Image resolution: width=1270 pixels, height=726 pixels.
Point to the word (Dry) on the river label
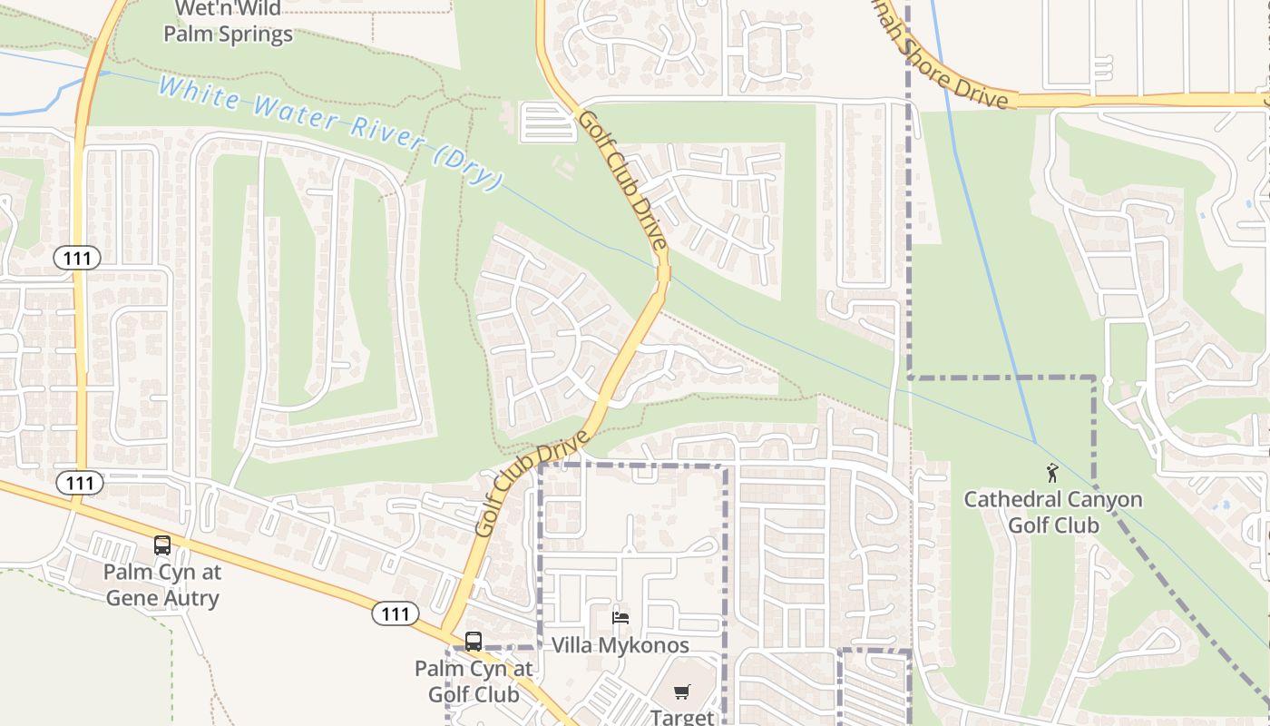point(466,168)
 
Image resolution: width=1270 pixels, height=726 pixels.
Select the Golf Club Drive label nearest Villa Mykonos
point(525,489)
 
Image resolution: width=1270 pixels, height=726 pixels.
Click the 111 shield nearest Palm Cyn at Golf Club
point(395,613)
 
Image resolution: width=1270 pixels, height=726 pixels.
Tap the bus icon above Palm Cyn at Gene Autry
point(162,545)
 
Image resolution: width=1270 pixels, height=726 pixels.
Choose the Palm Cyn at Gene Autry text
point(162,585)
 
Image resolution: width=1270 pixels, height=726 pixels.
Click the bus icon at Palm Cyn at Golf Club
point(473,642)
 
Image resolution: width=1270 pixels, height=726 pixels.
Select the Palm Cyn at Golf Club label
point(474,682)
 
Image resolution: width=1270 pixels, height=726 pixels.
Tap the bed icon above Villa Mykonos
point(620,618)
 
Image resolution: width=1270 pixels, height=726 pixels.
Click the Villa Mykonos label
point(620,645)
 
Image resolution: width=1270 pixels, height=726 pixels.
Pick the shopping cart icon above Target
point(682,692)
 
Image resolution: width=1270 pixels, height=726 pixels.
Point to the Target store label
point(682,716)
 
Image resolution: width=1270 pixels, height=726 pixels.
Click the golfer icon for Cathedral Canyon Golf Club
point(1052,473)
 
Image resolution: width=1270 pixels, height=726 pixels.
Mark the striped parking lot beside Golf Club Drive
point(548,123)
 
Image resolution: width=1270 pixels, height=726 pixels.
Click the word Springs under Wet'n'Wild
point(259,34)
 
